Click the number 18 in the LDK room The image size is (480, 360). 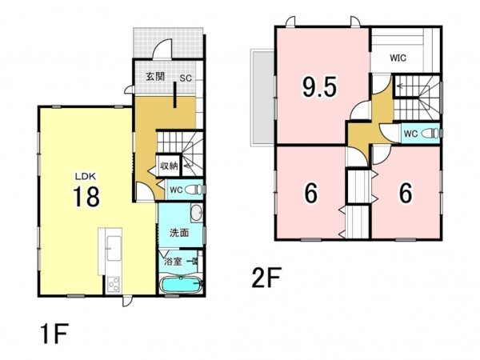click(x=86, y=197)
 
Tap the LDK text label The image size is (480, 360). click(x=86, y=176)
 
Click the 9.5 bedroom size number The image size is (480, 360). click(x=319, y=86)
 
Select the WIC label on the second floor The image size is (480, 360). click(x=398, y=58)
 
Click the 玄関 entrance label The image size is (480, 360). click(x=155, y=77)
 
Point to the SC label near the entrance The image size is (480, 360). click(x=186, y=78)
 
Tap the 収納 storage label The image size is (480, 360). click(x=169, y=166)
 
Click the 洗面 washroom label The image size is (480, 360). click(x=179, y=233)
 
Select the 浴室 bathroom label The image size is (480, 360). click(x=174, y=262)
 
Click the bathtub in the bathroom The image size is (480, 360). click(x=182, y=286)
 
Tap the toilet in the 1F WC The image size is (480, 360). click(x=194, y=190)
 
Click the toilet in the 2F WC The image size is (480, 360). click(x=431, y=133)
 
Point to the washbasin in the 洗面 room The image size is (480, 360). click(x=196, y=213)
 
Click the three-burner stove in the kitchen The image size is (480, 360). click(x=114, y=284)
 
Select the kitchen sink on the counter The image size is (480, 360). click(x=114, y=248)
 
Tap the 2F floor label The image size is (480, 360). click(x=266, y=278)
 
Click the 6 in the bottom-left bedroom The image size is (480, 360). click(x=311, y=193)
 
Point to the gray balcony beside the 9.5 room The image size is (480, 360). click(x=262, y=97)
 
